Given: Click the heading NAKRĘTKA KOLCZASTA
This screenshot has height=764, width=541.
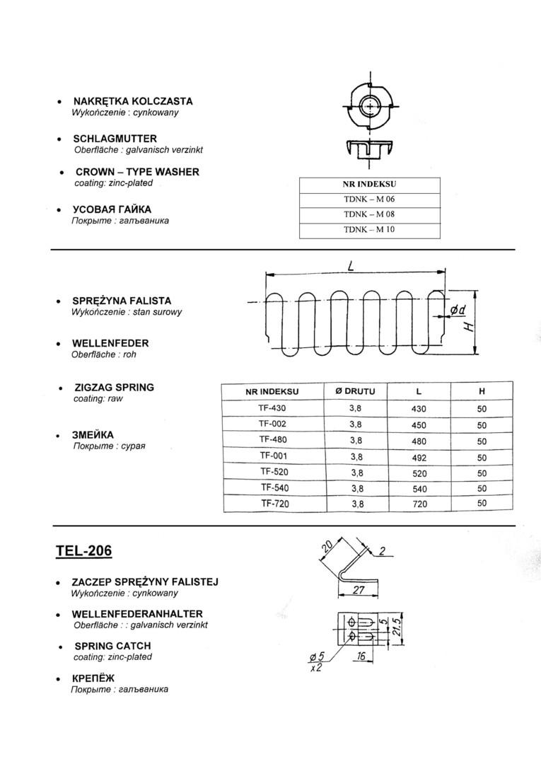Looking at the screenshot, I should (132, 101).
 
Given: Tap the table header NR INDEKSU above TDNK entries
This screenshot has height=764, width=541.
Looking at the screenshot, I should (369, 185).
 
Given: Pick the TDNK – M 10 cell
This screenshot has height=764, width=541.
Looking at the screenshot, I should (369, 230).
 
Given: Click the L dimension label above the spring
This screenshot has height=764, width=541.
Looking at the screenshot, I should (351, 265).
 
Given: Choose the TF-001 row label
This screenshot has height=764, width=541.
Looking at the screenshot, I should (272, 456).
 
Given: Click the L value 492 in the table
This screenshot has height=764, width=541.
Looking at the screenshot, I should (419, 458).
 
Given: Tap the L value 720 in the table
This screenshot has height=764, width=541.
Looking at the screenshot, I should (419, 504).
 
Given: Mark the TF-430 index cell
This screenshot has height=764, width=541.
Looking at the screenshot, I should (272, 409).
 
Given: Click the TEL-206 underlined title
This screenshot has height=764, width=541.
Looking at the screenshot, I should (83, 550).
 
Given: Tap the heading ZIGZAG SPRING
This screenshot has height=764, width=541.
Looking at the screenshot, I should (114, 388).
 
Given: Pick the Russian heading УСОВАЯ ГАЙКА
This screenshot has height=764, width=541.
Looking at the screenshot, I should (112, 209).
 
